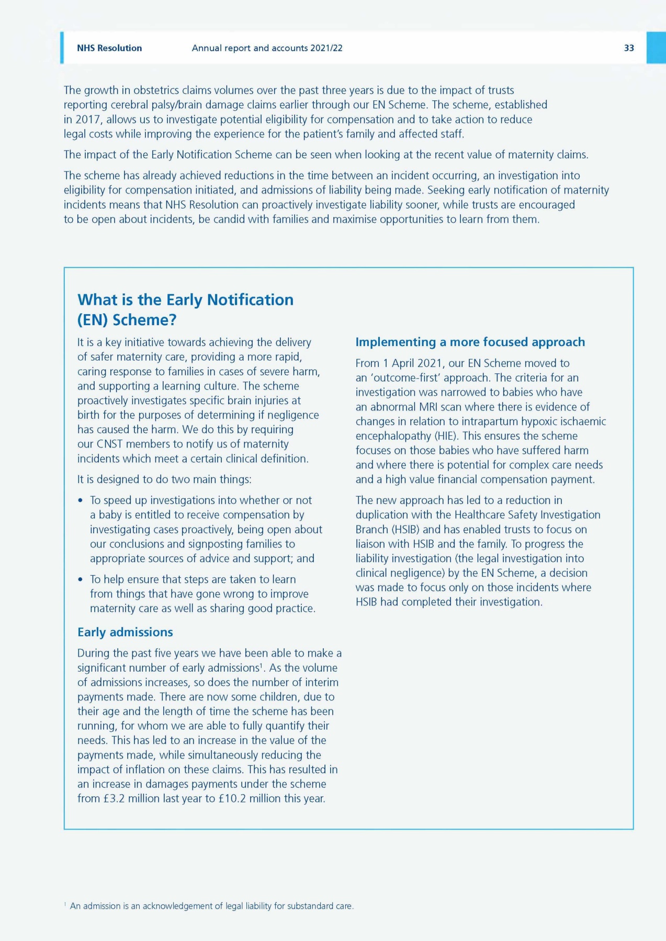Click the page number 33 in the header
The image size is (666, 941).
[629, 48]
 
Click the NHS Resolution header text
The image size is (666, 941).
[109, 48]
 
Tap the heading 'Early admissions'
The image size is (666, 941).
[125, 632]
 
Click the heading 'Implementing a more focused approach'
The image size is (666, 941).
[470, 342]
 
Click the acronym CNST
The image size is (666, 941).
[109, 444]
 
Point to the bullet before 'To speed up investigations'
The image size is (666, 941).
[81, 501]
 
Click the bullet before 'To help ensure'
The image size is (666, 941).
[81, 580]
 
